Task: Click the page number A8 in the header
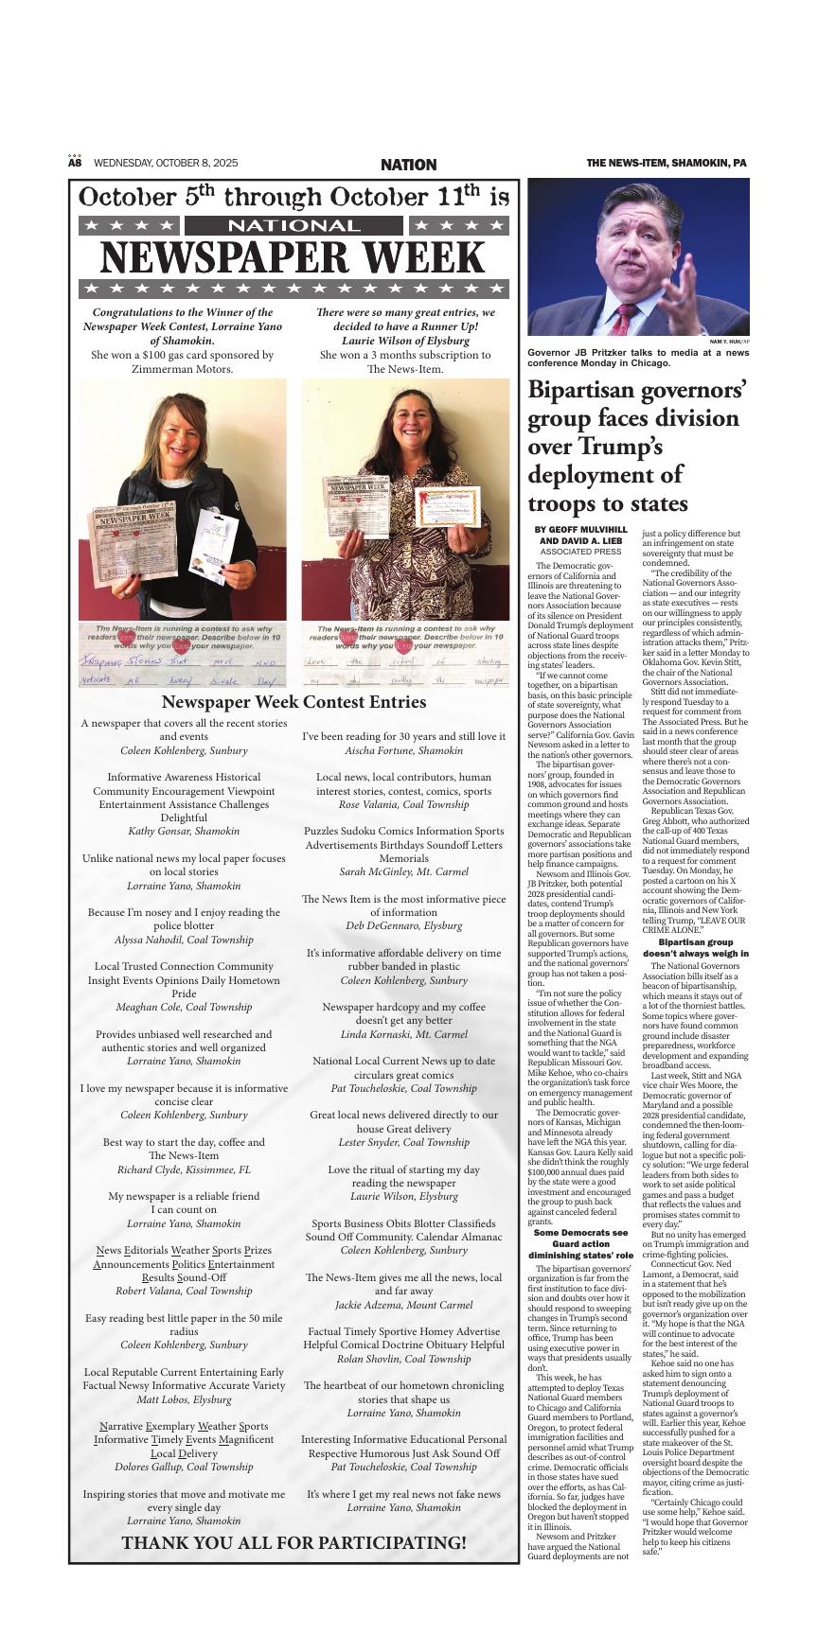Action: click(x=75, y=163)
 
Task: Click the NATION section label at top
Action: click(x=408, y=165)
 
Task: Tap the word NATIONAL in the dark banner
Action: click(x=293, y=226)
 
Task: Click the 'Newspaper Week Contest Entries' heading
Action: click(x=293, y=701)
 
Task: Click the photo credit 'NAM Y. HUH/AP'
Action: click(x=729, y=341)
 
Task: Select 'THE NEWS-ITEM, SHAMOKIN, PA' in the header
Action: click(x=666, y=164)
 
